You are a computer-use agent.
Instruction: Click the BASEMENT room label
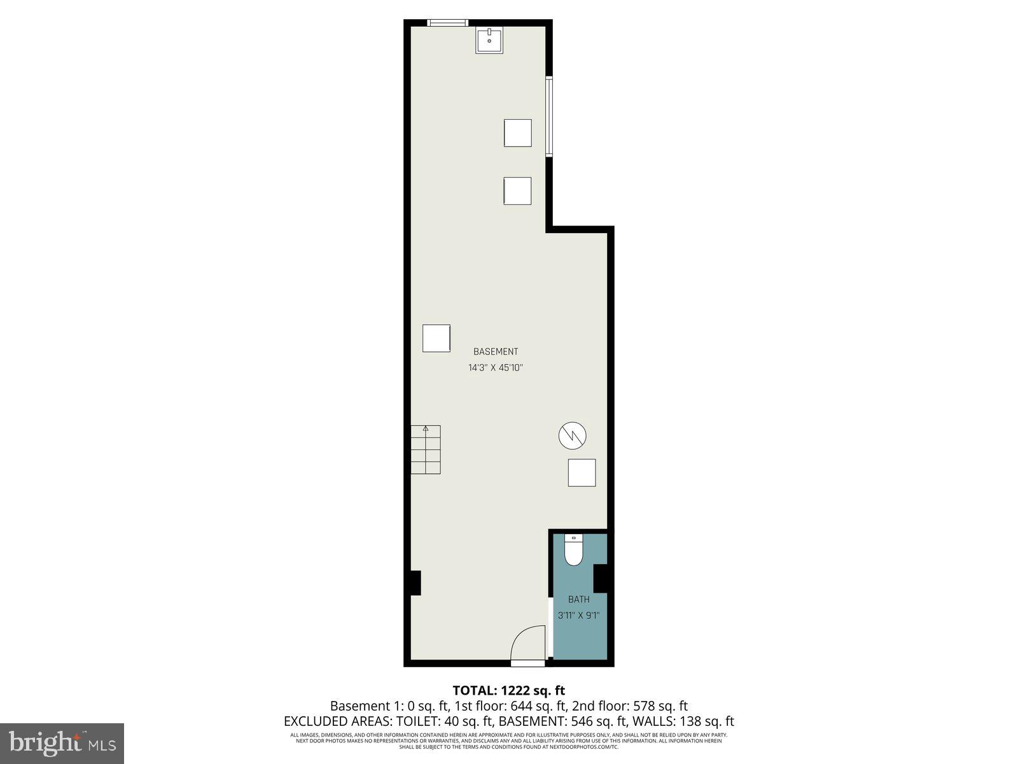point(496,351)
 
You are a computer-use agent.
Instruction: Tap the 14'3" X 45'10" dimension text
point(496,368)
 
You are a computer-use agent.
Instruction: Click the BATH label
point(579,599)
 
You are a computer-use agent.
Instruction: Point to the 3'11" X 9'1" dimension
point(579,616)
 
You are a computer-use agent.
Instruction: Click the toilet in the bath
point(574,550)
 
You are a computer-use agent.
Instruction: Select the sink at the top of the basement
point(489,40)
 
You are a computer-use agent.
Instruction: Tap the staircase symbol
point(425,449)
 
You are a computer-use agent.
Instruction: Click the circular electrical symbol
point(573,436)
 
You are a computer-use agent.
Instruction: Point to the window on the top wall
point(447,23)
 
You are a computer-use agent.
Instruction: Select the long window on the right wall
point(548,116)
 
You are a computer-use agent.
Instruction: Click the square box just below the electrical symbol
point(582,473)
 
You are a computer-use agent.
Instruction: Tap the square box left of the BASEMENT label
point(437,338)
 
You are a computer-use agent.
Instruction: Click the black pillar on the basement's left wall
point(414,583)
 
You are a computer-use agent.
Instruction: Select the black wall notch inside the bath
point(601,579)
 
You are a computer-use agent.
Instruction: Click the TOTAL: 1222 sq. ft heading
point(508,690)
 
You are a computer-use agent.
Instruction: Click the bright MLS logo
point(62,742)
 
